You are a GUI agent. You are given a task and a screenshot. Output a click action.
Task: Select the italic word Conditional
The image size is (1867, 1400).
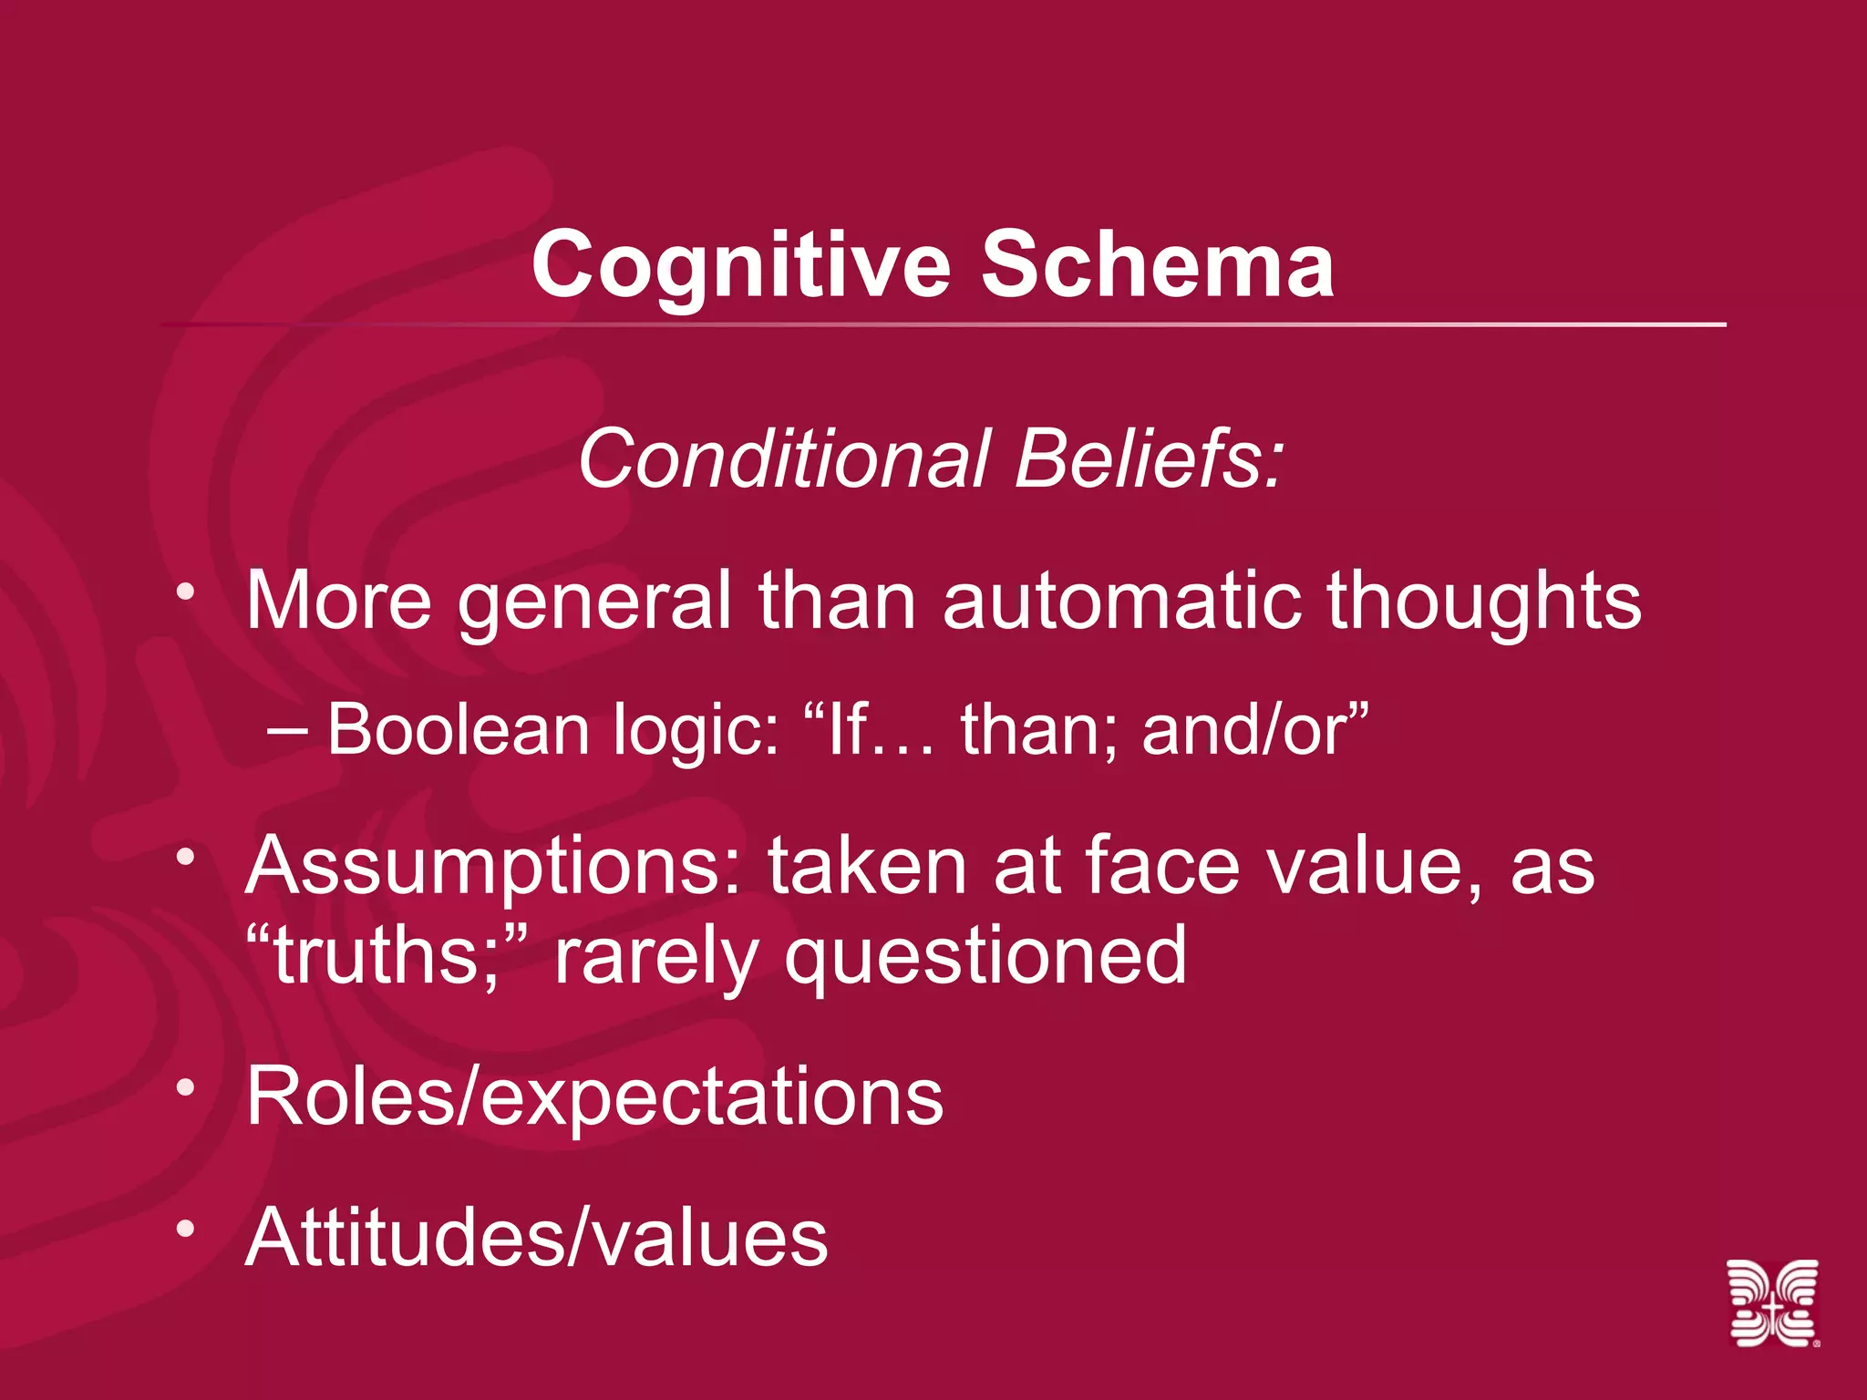coord(784,458)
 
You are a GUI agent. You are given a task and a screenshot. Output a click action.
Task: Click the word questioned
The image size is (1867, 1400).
coord(985,957)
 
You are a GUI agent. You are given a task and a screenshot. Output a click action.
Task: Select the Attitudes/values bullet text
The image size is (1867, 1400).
coord(536,1237)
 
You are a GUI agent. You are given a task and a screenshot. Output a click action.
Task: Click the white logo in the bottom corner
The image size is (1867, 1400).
coord(1773,1302)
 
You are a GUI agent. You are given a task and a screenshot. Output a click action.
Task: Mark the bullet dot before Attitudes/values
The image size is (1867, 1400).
coord(186,1229)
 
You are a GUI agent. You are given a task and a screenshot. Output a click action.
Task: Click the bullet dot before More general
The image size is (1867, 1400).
coord(186,592)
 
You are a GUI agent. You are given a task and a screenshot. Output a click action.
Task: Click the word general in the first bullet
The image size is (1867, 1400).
coord(594,602)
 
